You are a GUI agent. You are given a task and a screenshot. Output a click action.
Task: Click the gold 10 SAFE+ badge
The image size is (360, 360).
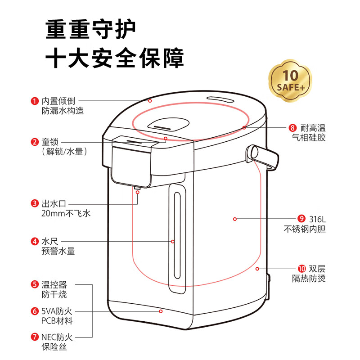(290, 81)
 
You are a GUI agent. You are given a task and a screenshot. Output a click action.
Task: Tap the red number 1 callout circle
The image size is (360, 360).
(35, 101)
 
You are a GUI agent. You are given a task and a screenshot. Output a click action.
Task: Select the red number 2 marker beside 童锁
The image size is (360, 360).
(35, 142)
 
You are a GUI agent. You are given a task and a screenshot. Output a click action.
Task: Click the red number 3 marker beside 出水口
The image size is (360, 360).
(35, 203)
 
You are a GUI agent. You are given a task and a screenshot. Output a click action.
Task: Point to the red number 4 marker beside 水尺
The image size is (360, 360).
(35, 241)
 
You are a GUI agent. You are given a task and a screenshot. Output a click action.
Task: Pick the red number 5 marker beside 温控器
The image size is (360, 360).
(35, 284)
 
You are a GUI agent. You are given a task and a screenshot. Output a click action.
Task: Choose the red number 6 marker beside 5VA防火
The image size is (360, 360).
(35, 311)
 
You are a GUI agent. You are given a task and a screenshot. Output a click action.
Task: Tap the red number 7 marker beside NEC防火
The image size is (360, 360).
(35, 337)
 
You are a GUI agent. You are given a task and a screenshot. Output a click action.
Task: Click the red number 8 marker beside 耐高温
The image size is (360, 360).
(292, 128)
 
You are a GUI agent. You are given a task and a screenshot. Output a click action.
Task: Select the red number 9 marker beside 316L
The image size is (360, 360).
(301, 219)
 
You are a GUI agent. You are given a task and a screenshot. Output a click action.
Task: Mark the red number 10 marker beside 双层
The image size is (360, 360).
(301, 269)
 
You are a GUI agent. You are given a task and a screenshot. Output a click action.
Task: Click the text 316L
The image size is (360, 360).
(317, 219)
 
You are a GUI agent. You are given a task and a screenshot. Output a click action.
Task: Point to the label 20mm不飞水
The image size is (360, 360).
(66, 213)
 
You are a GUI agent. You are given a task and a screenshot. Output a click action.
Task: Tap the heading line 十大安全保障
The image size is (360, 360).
(115, 58)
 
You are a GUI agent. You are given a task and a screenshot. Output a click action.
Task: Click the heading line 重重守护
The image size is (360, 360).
(91, 29)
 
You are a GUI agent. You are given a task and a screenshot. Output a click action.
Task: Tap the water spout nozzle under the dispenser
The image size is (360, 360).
(137, 188)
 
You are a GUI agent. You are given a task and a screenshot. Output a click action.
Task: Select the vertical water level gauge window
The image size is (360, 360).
(177, 235)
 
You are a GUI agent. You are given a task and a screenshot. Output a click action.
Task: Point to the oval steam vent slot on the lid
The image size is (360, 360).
(220, 99)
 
